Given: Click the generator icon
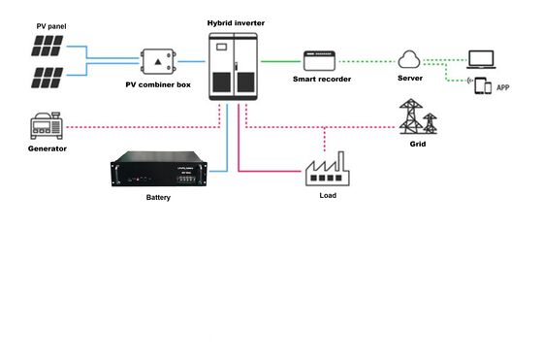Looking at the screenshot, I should pos(47,127).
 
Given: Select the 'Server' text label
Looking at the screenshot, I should pos(410,78).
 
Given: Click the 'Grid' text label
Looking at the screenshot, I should pos(418,143).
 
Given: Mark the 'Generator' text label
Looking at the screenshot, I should pos(47,149).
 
